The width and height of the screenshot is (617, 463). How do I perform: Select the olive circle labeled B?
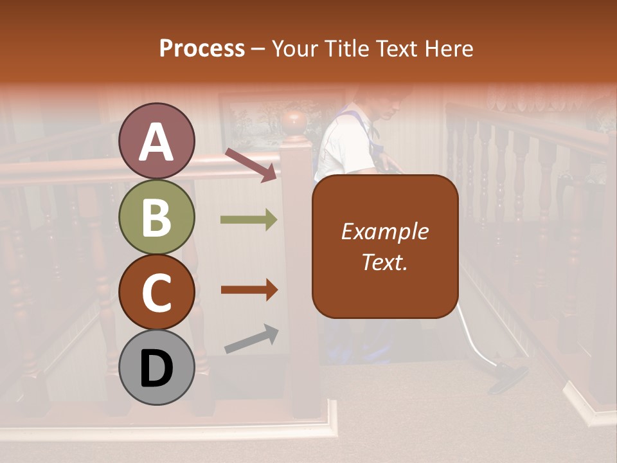coord(157,217)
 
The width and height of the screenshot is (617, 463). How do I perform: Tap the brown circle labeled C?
coord(157,292)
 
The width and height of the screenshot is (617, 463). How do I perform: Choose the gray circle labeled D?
coord(157,367)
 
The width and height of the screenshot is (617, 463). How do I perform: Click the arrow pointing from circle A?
coord(251,164)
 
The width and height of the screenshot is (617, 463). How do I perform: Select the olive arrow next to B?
coord(249,220)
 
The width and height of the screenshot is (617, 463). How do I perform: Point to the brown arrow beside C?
coord(249,290)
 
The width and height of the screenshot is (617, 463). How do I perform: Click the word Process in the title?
coord(202,49)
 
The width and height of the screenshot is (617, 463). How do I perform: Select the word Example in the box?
coord(384,232)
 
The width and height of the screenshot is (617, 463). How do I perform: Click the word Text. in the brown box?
coord(384,262)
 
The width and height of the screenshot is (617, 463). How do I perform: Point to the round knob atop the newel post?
coord(295,121)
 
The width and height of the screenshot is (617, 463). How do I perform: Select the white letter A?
coord(157,142)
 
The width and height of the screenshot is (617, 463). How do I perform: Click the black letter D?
coord(157,368)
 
